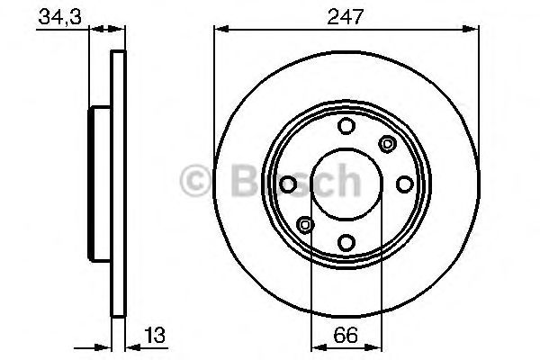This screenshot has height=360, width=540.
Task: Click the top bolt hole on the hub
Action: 346,126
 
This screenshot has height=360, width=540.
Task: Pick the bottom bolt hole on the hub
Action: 346,241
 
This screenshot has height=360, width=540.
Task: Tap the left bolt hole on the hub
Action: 289,184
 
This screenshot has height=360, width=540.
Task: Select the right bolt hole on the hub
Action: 404,184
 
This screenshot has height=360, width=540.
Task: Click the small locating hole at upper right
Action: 388,142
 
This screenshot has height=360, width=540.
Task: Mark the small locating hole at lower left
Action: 305,224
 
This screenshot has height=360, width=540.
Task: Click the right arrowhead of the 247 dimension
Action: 472,30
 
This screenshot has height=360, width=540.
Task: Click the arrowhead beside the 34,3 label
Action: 85,30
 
